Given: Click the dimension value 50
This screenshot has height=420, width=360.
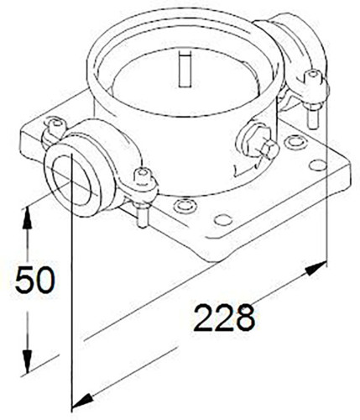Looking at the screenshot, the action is click(34, 280).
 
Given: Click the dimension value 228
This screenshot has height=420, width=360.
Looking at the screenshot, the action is click(225, 318).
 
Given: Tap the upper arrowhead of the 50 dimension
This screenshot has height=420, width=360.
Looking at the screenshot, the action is click(27, 218).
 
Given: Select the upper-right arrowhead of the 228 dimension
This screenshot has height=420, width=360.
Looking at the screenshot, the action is click(316, 268).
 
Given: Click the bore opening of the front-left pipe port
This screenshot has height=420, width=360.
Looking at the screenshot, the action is click(72, 180).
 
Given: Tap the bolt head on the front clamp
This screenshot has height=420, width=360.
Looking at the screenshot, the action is click(143, 176).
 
